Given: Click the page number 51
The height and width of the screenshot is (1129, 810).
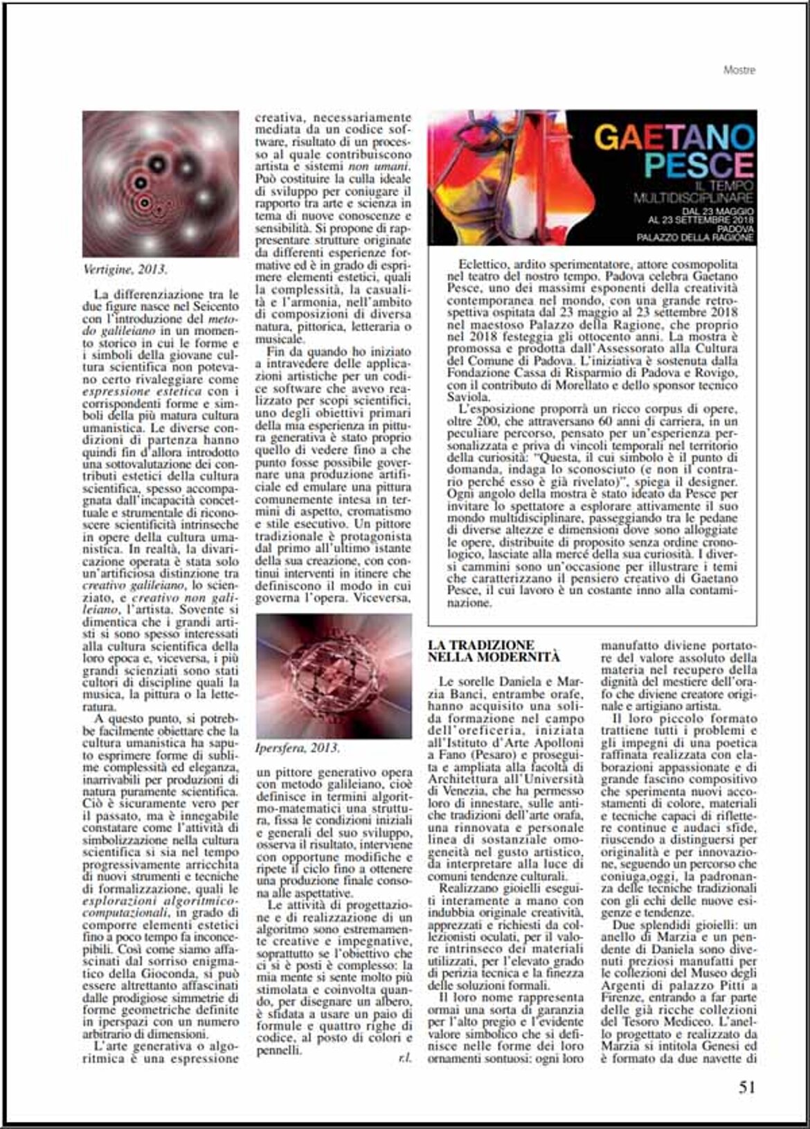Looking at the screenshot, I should (746, 1087).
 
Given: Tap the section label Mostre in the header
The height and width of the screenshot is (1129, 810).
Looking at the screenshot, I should (739, 70).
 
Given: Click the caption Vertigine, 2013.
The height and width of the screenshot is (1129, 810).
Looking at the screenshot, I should (125, 269).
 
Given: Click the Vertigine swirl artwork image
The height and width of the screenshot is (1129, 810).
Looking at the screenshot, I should (161, 184).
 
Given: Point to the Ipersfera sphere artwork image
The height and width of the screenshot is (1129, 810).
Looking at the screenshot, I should (334, 676).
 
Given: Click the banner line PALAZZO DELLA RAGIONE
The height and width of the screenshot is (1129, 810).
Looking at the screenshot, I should (696, 238).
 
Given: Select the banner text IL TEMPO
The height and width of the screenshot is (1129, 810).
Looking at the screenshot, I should (726, 188).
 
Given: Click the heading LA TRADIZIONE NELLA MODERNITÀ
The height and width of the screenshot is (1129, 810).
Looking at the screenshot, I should (494, 650).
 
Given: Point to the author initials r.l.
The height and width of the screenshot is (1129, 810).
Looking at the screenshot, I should (404, 1058).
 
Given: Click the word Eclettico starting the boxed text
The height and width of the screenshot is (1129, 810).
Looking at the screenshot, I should (482, 265).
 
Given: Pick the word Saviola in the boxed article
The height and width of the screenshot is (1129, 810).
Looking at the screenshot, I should (469, 397).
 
